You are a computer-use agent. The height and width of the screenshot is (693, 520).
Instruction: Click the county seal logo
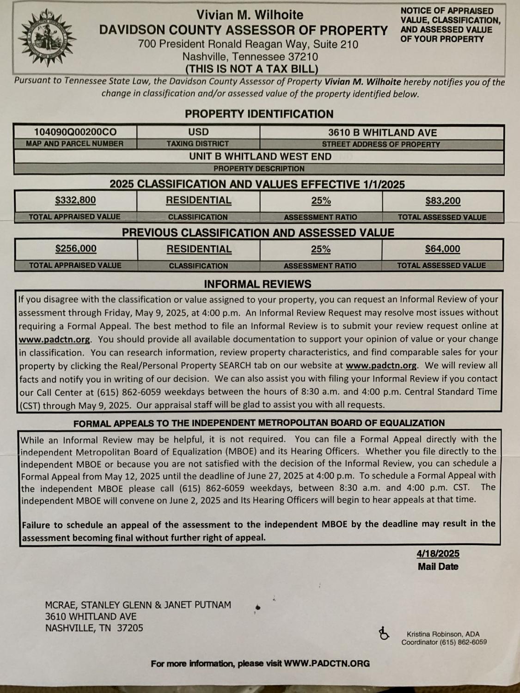pyautogui.click(x=46, y=41)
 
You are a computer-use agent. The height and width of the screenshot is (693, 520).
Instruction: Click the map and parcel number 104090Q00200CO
pyautogui.click(x=75, y=132)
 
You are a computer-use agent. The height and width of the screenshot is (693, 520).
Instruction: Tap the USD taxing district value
pyautogui.click(x=198, y=132)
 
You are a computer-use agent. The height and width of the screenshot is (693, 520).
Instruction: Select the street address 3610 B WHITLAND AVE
pyautogui.click(x=382, y=133)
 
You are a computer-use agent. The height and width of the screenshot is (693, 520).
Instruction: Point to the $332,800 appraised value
pyautogui.click(x=75, y=200)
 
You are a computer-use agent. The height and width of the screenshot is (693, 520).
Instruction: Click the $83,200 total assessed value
pyautogui.click(x=443, y=201)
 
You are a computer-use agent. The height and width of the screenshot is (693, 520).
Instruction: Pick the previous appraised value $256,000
pyautogui.click(x=76, y=249)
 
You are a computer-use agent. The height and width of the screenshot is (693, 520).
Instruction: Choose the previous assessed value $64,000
pyautogui.click(x=442, y=249)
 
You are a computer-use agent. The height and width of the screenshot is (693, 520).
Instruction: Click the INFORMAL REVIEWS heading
pyautogui.click(x=257, y=284)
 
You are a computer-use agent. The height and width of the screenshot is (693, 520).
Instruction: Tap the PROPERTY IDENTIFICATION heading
pyautogui.click(x=259, y=114)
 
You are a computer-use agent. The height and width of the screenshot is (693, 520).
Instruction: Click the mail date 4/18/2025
pyautogui.click(x=438, y=553)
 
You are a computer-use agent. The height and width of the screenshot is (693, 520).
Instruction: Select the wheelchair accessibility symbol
pyautogui.click(x=384, y=633)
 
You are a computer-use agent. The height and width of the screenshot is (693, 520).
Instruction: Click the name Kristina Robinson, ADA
pyautogui.click(x=443, y=634)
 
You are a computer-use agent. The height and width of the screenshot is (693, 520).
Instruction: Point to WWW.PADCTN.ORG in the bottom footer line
pyautogui.click(x=327, y=663)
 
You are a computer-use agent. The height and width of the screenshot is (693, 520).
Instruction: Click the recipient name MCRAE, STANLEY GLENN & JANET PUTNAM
pyautogui.click(x=138, y=605)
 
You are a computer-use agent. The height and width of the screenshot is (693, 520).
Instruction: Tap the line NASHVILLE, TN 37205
pyautogui.click(x=94, y=628)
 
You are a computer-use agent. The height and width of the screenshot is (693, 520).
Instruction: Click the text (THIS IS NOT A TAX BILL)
pyautogui.click(x=251, y=69)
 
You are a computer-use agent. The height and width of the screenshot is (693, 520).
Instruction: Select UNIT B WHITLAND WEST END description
pyautogui.click(x=260, y=156)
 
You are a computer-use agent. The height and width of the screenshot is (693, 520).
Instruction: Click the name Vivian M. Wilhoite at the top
pyautogui.click(x=250, y=15)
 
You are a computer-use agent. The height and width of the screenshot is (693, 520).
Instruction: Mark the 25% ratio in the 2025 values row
pyautogui.click(x=321, y=201)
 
